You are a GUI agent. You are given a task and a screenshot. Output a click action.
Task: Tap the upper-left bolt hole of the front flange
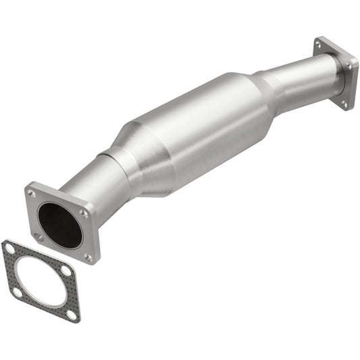click(x=32, y=194)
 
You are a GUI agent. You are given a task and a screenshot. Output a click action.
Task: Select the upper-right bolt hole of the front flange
click(x=83, y=213)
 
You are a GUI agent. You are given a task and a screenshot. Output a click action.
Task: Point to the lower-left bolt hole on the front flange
click(x=39, y=237)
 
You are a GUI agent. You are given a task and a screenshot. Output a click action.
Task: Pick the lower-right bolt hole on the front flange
click(x=88, y=257)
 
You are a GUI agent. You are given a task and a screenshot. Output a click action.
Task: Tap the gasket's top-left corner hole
click(x=10, y=249)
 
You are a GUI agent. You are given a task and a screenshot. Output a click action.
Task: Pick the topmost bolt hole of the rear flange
click(x=318, y=45)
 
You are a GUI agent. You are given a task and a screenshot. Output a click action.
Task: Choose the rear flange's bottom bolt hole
click(x=343, y=103)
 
